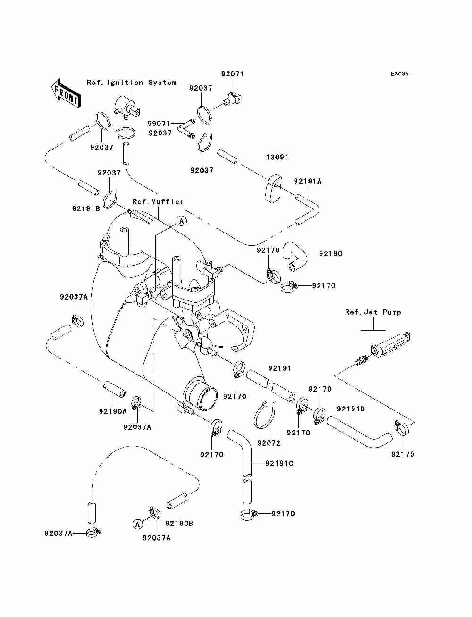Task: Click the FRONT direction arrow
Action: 66,93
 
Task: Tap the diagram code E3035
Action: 399,74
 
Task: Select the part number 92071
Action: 232,74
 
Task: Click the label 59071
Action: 159,124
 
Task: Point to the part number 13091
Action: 278,157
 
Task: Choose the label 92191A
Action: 308,181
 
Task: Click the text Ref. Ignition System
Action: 132,83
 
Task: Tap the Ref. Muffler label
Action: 158,201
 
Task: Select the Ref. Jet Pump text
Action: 373,312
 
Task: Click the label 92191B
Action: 86,208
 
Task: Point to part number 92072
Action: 269,443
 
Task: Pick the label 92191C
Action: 279,464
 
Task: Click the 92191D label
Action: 351,409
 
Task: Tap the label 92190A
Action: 113,411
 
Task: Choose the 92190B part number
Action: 179,524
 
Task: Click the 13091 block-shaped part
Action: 272,188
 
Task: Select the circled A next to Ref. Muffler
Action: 182,221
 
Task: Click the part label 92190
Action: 330,254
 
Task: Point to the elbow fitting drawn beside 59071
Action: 186,129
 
